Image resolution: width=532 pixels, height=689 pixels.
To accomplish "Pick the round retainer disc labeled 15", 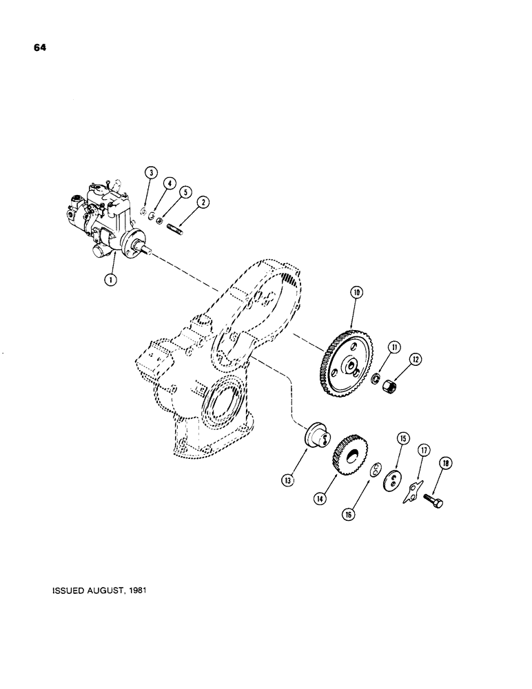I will coord(393,480).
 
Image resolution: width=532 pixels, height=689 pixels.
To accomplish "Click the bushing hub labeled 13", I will coord(317,438).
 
